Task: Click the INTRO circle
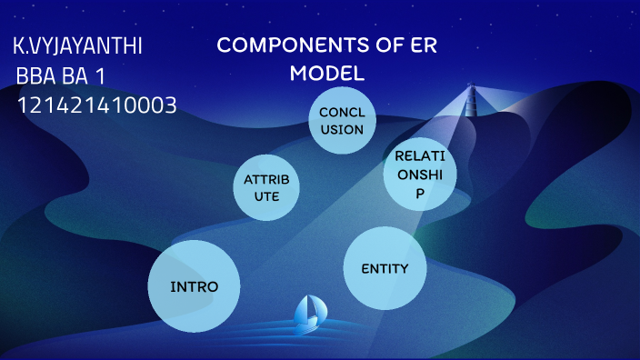tap(194, 286)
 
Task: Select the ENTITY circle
tap(385, 268)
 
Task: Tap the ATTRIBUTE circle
tap(266, 187)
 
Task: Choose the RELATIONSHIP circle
tap(419, 174)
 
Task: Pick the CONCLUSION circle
tap(341, 122)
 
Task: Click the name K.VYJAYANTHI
tap(78, 46)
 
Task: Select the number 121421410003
tap(96, 106)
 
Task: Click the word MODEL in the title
tap(327, 74)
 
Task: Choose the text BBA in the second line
tap(37, 76)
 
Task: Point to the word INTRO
tap(194, 287)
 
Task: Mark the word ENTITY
tap(385, 269)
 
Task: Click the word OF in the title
tap(380, 46)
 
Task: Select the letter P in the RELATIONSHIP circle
tap(419, 194)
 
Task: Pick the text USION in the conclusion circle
tap(341, 130)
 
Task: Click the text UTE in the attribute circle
tap(266, 196)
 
